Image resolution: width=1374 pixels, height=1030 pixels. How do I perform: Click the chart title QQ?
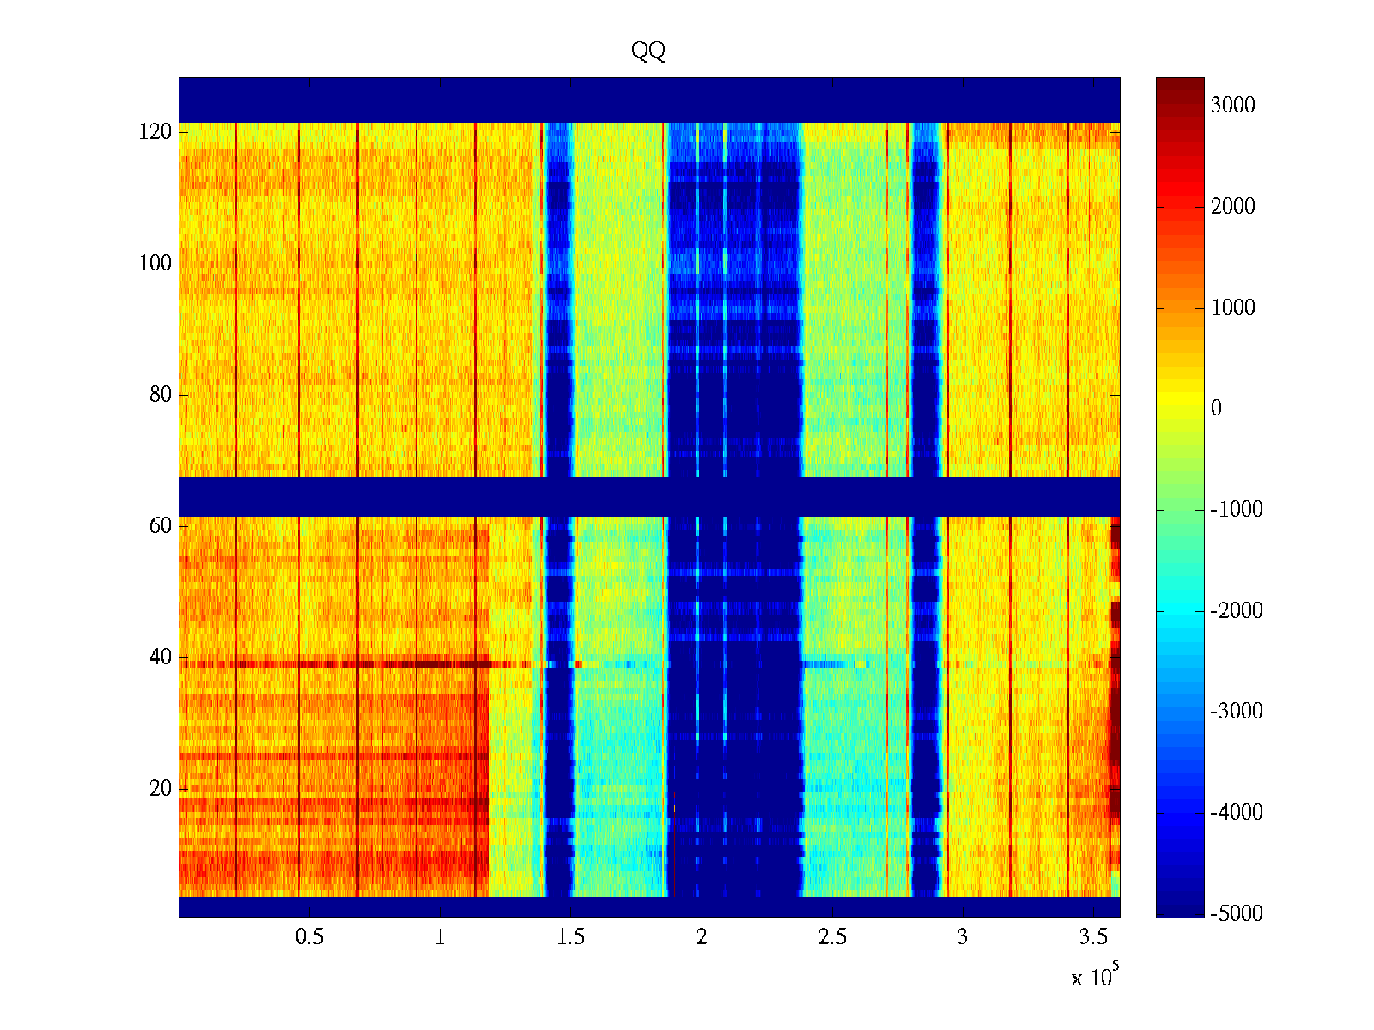click(648, 51)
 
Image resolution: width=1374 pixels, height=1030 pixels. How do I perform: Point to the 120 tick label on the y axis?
click(155, 132)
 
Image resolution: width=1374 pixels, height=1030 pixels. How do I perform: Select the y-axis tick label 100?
click(155, 264)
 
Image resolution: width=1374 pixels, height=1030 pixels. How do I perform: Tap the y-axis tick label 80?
click(161, 395)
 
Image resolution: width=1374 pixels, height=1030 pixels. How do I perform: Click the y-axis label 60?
click(161, 526)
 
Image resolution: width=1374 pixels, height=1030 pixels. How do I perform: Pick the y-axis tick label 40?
click(161, 657)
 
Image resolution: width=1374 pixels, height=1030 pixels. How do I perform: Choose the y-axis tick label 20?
click(161, 789)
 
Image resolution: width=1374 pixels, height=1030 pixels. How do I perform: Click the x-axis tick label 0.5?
click(309, 937)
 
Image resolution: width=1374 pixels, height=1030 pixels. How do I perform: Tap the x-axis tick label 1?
click(440, 937)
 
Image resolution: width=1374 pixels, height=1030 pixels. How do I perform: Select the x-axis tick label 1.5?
click(570, 937)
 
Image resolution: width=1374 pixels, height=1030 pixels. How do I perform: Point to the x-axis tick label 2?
click(702, 937)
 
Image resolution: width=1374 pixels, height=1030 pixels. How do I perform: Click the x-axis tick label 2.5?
click(832, 937)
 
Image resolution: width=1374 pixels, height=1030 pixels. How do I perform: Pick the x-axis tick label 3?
click(963, 937)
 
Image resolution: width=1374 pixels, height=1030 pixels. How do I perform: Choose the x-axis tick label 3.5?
click(1093, 937)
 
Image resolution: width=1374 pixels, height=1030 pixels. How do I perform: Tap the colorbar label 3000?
click(1233, 106)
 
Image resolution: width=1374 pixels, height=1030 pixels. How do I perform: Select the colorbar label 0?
click(1216, 409)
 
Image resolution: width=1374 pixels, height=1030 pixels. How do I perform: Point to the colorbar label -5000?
click(1237, 913)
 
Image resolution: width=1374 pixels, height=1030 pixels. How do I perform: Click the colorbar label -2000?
click(1237, 611)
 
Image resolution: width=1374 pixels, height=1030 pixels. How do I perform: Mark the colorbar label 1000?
click(1233, 308)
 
